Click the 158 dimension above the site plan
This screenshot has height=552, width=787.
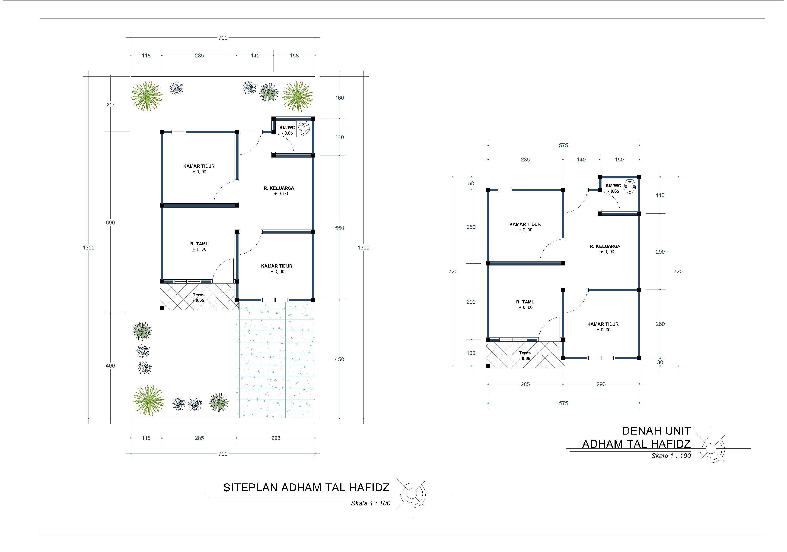point(294,55)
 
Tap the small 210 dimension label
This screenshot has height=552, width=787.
point(110,104)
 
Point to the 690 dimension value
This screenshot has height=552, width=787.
point(110,223)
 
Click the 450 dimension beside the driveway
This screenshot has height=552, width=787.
point(339,359)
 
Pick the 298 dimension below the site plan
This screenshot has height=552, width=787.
point(276,438)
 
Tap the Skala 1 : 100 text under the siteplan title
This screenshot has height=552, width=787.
point(370,503)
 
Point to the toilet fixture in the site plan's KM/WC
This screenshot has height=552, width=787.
point(303,129)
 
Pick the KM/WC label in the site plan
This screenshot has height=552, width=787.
point(287,127)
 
